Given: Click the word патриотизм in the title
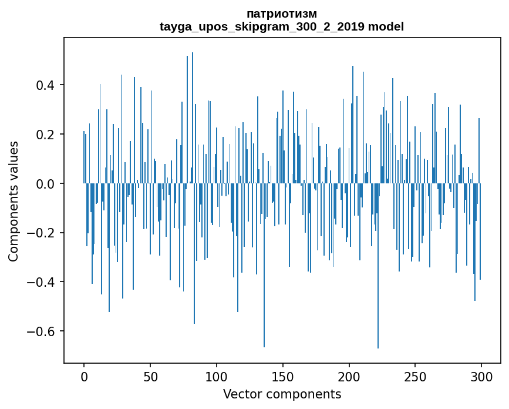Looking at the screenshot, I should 282,14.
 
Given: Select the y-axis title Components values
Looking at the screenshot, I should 14,201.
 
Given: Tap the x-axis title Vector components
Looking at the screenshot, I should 282,394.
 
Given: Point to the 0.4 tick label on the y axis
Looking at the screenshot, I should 47,85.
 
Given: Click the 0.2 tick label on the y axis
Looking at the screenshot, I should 47,135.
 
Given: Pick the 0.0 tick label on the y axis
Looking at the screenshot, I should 47,184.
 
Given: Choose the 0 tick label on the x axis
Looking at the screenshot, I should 84,376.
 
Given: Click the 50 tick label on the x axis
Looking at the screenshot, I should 150,376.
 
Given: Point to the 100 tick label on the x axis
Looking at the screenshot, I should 217,376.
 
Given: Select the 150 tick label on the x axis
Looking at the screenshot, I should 283,376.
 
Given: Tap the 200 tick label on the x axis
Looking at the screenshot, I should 349,376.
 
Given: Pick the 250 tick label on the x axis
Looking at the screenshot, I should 415,376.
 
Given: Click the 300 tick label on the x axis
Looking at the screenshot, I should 481,376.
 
